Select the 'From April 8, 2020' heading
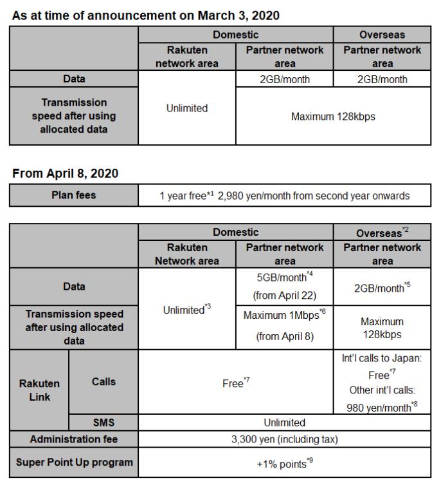[65, 173]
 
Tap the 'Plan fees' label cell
[74, 195]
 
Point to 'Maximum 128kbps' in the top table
[334, 117]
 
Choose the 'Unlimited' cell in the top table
[187, 108]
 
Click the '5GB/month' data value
[285, 278]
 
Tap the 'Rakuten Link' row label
[39, 390]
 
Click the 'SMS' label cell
[104, 423]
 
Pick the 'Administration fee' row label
[74, 439]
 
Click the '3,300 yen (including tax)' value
[285, 439]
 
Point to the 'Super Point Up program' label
[74, 462]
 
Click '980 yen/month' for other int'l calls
[382, 406]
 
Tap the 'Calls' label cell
[104, 381]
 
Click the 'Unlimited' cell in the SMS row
[285, 423]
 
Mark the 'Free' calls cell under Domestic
[236, 383]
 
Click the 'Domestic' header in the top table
[236, 35]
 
